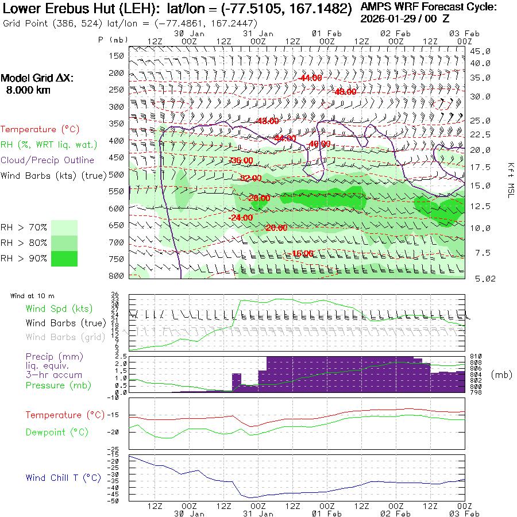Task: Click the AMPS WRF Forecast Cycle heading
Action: tap(429, 7)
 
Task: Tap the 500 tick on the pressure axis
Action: tap(117, 175)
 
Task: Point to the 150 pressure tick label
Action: tap(117, 56)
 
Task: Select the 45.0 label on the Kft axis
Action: tap(480, 51)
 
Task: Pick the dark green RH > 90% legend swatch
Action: tap(64, 259)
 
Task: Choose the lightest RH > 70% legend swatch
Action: tap(64, 227)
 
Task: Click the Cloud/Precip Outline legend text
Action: tap(48, 160)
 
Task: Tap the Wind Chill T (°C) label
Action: tap(63, 478)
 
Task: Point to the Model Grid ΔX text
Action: tap(37, 79)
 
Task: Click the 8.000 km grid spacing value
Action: tap(28, 90)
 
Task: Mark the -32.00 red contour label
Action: tap(251, 179)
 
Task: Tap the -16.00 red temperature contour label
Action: tap(302, 253)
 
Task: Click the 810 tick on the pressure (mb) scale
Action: tap(475, 357)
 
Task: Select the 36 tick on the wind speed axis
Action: tap(115, 295)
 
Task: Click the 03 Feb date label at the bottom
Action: tap(460, 514)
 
